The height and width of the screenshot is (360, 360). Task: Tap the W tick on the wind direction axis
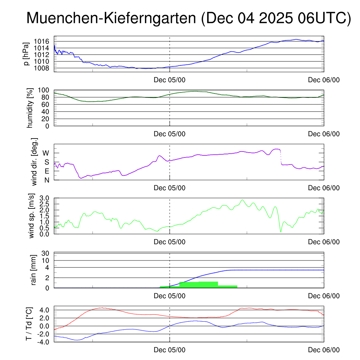click(x=46, y=153)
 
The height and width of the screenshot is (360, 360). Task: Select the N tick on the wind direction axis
click(x=46, y=180)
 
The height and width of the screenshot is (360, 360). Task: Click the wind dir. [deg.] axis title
click(x=34, y=162)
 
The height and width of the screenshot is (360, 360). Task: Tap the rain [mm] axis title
click(x=34, y=270)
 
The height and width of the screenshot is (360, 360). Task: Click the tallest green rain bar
click(x=208, y=284)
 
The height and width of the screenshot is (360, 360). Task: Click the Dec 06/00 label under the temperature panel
click(x=324, y=350)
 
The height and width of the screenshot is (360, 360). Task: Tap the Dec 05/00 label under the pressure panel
click(x=169, y=80)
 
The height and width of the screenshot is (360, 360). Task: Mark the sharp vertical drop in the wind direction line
click(x=280, y=157)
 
